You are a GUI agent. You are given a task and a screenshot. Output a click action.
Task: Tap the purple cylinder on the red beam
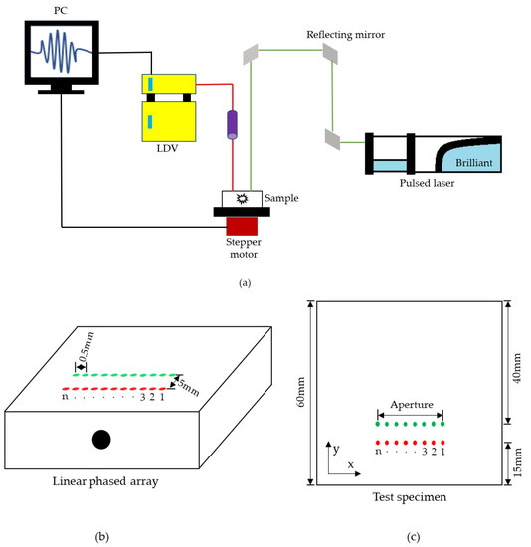coord(232,126)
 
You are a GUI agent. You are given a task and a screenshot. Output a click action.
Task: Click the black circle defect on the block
coord(101,439)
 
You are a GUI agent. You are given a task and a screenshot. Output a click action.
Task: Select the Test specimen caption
coord(408,498)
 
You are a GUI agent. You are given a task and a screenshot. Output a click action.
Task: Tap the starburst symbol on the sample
coord(241,199)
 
